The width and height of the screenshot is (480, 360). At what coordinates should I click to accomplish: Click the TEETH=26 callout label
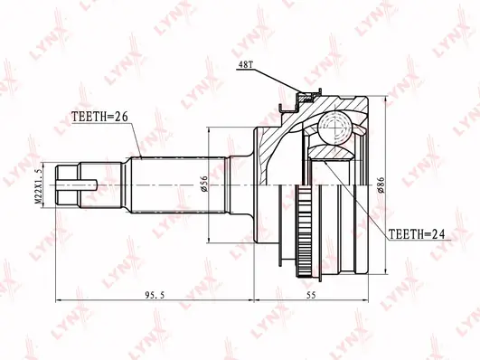point(99,117)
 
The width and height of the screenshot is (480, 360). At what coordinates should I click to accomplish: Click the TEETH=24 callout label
point(417,234)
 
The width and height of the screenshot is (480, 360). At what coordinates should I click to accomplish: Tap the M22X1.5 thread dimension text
point(38,186)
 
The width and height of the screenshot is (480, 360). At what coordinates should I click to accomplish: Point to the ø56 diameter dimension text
point(204,185)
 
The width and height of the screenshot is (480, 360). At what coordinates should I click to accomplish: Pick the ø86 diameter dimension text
point(381,185)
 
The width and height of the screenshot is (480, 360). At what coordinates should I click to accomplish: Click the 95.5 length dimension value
point(155,295)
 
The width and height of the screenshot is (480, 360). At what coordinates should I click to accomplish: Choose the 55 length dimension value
point(311,295)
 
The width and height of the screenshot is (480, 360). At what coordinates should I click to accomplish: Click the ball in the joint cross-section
point(334,127)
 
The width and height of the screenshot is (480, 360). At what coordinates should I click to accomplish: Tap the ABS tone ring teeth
point(302,232)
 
